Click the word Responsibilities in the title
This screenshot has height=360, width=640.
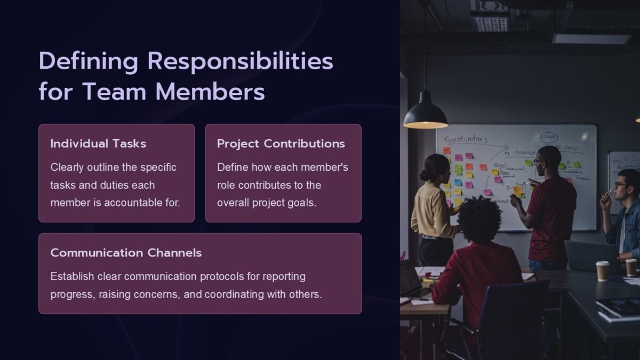(240, 62)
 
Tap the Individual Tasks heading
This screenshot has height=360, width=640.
(98, 143)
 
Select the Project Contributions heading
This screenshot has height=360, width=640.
(281, 143)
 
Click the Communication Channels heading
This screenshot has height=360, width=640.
(126, 253)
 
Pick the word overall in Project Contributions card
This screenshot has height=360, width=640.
(234, 203)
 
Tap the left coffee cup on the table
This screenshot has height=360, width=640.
(603, 270)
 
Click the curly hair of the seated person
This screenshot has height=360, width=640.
(480, 219)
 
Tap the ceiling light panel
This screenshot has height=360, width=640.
(591, 38)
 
